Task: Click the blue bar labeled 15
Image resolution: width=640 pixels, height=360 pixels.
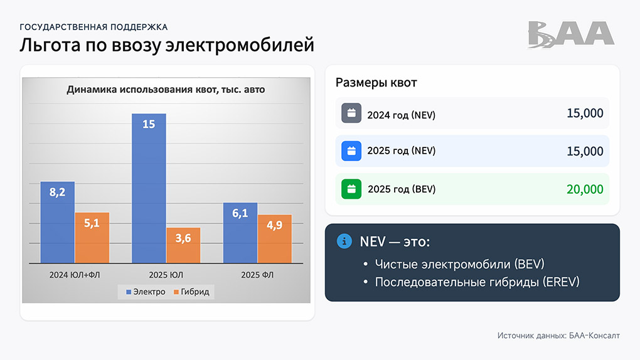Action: click(149, 188)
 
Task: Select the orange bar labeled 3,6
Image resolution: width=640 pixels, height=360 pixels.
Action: click(183, 245)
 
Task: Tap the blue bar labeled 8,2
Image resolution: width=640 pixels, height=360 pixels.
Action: click(58, 222)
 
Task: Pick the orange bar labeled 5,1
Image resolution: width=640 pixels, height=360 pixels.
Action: click(92, 238)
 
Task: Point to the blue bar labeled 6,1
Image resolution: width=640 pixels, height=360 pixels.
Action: click(240, 233)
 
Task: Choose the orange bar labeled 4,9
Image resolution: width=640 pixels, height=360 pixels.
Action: click(275, 239)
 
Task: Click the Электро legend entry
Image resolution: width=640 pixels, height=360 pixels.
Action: click(146, 292)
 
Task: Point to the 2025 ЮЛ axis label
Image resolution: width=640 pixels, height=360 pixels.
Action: click(166, 275)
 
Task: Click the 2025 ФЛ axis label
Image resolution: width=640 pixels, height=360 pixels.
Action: click(258, 275)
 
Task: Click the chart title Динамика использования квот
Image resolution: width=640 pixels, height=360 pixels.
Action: click(166, 90)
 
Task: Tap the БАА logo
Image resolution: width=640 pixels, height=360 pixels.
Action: click(570, 34)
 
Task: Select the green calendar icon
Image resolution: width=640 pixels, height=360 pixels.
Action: click(351, 189)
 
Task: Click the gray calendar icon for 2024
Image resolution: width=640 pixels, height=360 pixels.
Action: click(351, 114)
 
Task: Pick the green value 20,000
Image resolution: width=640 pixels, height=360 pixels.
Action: click(585, 189)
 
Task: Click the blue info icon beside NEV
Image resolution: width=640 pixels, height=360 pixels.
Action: click(344, 241)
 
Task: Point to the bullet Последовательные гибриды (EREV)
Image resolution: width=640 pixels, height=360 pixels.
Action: click(477, 282)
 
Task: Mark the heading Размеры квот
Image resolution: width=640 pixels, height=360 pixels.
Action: click(376, 83)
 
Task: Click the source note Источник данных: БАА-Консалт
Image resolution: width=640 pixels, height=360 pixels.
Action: click(558, 336)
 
